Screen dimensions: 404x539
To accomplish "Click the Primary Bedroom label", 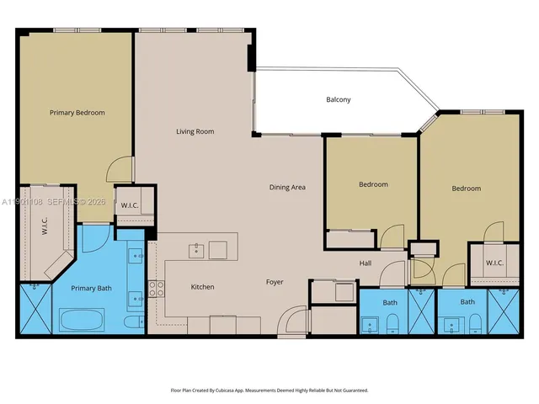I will pyautogui.click(x=77, y=112).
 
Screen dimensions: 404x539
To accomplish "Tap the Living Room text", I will pyautogui.click(x=195, y=131).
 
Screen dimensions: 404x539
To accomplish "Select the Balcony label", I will pyautogui.click(x=338, y=100).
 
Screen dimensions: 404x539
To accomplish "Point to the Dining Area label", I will pyautogui.click(x=287, y=187).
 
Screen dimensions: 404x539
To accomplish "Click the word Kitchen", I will pyautogui.click(x=202, y=287).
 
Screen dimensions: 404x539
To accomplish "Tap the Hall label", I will pyautogui.click(x=366, y=263).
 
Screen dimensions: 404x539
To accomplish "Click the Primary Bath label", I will pyautogui.click(x=92, y=289).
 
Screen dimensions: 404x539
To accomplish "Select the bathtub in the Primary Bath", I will pyautogui.click(x=83, y=320).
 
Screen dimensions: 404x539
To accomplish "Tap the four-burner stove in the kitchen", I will pyautogui.click(x=156, y=289).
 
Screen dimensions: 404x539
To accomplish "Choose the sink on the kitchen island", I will pyautogui.click(x=195, y=249).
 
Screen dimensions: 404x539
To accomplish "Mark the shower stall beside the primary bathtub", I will pyautogui.click(x=35, y=310).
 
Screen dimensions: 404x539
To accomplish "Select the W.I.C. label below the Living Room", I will pyautogui.click(x=130, y=205).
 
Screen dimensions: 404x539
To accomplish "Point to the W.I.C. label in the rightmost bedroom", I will pyautogui.click(x=494, y=263).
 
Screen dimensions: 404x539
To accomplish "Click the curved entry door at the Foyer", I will pyautogui.click(x=291, y=321).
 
